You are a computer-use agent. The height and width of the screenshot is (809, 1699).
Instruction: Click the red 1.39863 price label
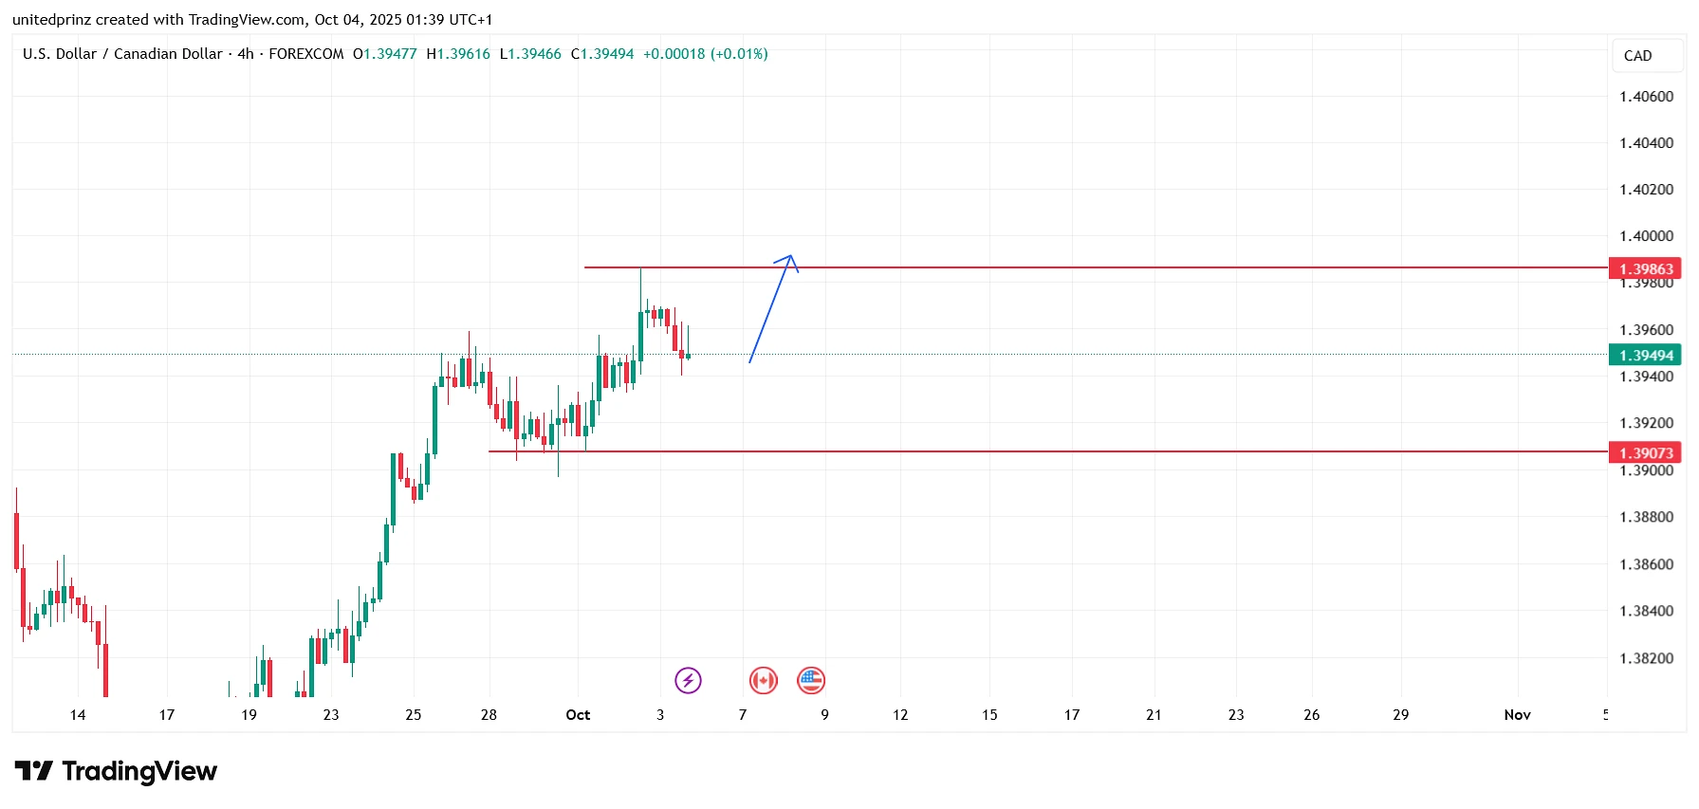tap(1645, 269)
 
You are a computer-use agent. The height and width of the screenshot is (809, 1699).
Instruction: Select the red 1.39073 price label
tap(1645, 453)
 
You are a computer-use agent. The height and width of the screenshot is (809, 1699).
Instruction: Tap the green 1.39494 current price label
tap(1645, 356)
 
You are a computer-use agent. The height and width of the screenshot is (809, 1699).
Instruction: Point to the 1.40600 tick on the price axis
tap(1646, 97)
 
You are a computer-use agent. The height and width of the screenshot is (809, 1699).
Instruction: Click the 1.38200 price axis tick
tap(1646, 658)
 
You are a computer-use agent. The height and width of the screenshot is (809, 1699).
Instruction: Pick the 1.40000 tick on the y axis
tap(1646, 236)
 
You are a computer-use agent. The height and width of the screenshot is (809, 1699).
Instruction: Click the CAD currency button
tap(1637, 56)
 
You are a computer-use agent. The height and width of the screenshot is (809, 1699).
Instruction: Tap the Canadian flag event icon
tap(763, 680)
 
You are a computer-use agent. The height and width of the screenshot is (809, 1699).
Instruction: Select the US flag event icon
tap(811, 680)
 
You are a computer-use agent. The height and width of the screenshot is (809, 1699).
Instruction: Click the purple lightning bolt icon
tap(688, 680)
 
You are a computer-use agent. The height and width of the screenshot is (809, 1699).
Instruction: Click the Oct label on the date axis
tap(578, 715)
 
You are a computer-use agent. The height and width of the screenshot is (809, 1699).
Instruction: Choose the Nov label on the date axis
tap(1517, 715)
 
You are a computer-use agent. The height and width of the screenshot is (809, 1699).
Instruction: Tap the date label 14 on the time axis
tap(78, 715)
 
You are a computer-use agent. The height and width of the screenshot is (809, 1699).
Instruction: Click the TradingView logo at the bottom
tap(116, 771)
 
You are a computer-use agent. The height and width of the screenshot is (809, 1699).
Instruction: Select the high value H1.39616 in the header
tap(458, 54)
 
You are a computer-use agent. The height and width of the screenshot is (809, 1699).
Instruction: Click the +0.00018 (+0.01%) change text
tap(705, 54)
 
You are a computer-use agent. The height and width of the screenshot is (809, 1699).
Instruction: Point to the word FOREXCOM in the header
tap(305, 54)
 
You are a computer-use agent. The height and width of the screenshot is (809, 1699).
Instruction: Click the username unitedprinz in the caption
tap(51, 20)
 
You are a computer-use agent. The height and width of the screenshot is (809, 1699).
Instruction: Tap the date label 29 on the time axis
tap(1400, 715)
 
